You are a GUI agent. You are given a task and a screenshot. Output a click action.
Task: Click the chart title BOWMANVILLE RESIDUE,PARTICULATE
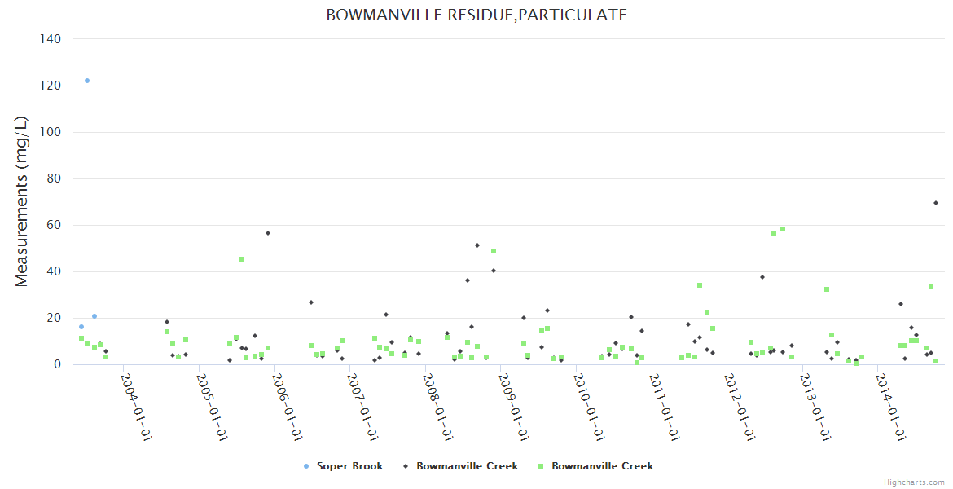coord(476,15)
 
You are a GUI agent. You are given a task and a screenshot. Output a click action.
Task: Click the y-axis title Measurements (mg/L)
coord(22,201)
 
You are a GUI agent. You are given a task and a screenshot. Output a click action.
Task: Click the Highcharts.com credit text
coord(914,482)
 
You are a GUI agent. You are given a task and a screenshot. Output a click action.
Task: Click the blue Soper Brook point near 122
coord(87,81)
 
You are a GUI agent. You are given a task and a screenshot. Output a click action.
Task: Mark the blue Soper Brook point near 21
coord(94,316)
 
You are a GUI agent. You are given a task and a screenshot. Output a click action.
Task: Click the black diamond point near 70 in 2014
coord(936,203)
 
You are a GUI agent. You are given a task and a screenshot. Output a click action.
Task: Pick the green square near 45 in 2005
coord(242,259)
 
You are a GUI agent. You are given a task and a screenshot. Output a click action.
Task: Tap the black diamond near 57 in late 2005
coord(268,233)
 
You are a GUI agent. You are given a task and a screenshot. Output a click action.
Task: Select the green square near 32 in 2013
coord(827,289)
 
